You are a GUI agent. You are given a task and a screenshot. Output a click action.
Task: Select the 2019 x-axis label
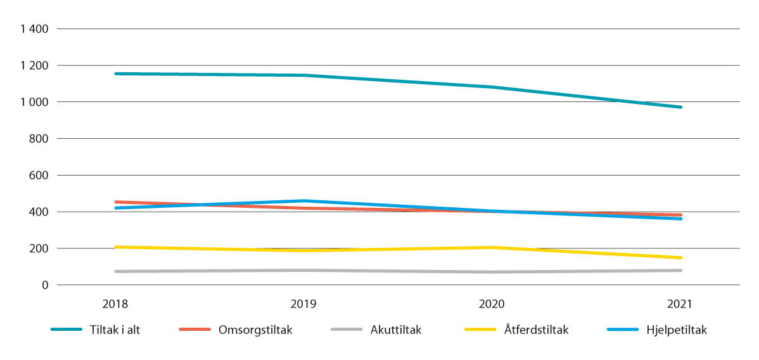point(303,304)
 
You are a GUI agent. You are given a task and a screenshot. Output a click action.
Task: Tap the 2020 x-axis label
point(492,304)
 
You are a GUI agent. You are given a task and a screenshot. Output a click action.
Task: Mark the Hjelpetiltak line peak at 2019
point(303,201)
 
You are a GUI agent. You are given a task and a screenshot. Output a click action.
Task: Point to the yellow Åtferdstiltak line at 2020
point(492,247)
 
